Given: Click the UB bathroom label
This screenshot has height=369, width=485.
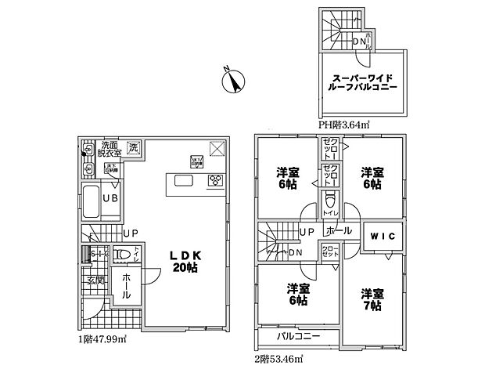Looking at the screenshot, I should point(110,198).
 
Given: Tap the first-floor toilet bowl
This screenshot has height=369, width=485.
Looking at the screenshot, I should point(120,255).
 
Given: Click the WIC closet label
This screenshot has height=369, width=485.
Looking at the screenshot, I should point(383,233).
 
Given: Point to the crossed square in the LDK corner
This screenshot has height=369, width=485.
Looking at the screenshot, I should point(218,149).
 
